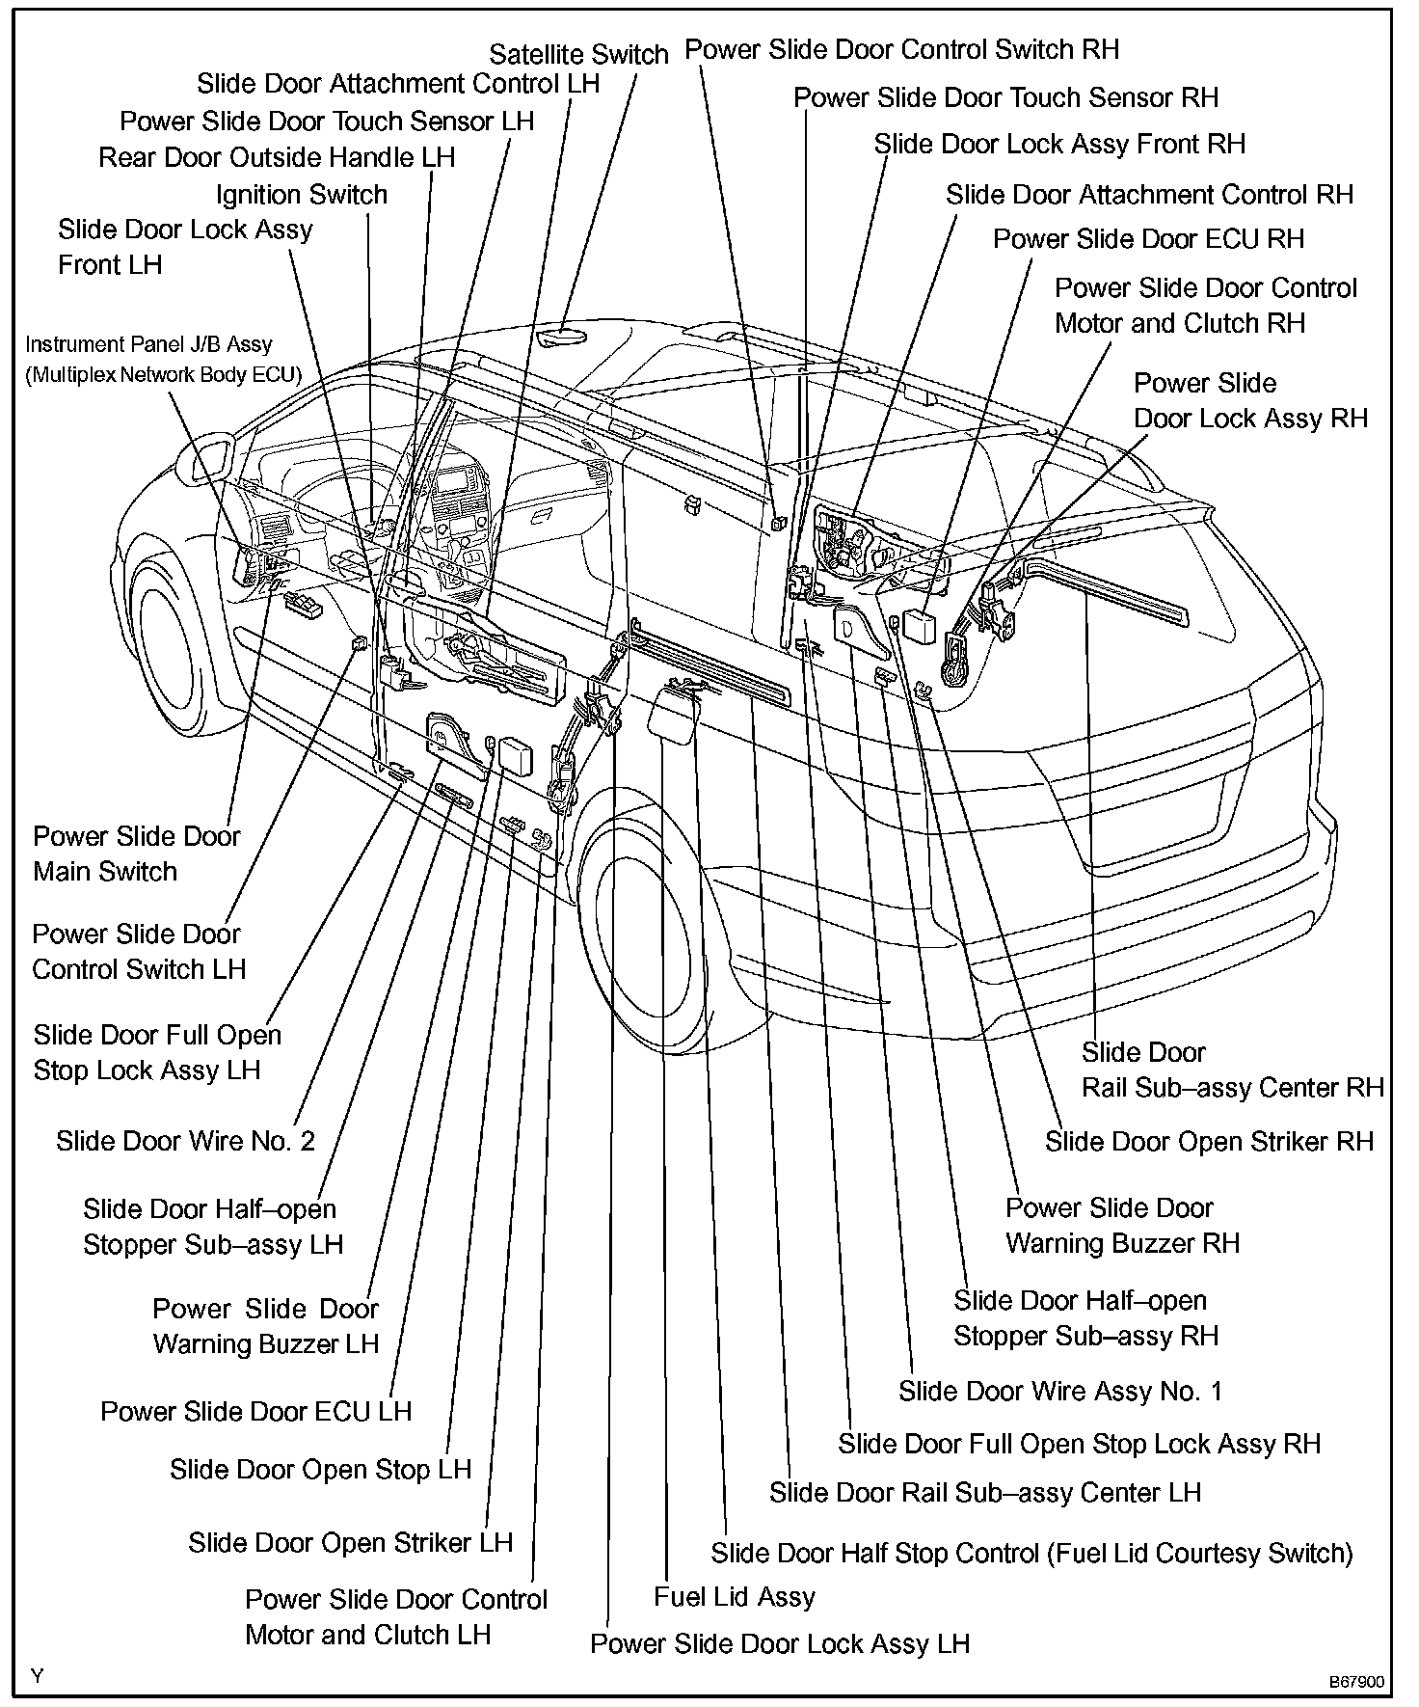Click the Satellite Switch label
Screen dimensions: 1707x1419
578,55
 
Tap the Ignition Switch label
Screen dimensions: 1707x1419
301,195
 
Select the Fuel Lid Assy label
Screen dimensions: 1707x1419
734,1596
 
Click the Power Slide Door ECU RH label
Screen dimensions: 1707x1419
1148,239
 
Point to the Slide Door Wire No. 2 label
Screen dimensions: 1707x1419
185,1141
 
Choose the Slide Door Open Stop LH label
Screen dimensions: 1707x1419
320,1470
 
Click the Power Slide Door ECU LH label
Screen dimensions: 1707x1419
255,1412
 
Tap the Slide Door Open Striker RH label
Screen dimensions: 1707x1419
1209,1141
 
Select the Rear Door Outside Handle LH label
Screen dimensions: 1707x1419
277,157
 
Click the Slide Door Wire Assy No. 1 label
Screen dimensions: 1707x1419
1060,1391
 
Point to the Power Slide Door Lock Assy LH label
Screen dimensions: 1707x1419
779,1643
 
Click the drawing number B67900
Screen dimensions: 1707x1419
1357,1682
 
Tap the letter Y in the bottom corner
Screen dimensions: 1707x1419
37,1677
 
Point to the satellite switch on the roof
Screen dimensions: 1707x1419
562,335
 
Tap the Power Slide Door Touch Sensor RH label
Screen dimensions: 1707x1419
1005,97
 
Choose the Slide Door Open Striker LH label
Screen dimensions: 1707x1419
350,1542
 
